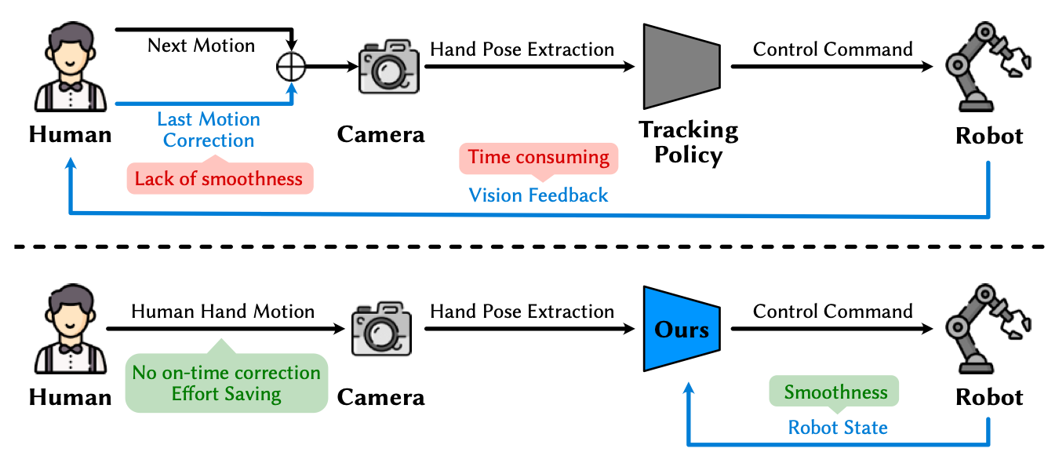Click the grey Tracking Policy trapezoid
tap(679, 67)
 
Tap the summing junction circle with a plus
tap(291, 67)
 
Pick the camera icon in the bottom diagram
tap(380, 330)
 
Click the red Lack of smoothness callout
tap(219, 179)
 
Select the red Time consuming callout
tap(538, 158)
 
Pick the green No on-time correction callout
tap(226, 383)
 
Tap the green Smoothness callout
tap(836, 392)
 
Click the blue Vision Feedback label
tap(538, 195)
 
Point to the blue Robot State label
tap(838, 428)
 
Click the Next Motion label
tap(202, 46)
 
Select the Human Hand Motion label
tap(223, 312)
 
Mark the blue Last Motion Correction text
tap(209, 130)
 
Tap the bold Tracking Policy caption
tap(688, 141)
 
